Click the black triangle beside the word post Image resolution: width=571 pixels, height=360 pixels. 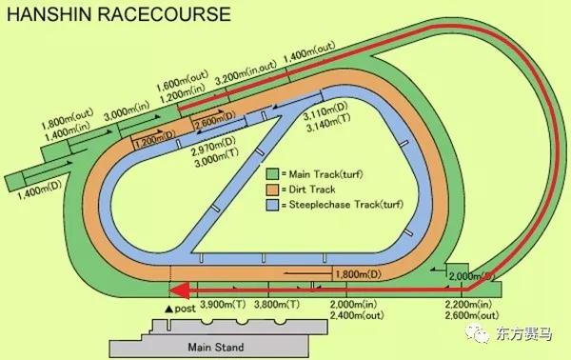click(168, 310)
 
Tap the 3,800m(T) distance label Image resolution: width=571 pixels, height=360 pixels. click(283, 304)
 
